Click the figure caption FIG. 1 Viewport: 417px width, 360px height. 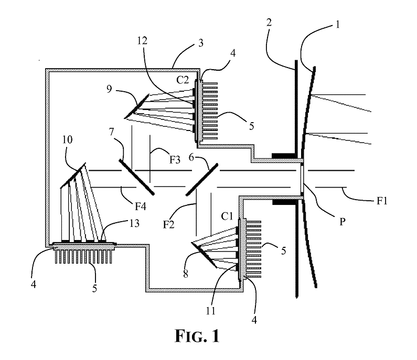point(197,336)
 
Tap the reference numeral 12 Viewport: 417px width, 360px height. point(143,41)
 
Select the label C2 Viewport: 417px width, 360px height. point(182,80)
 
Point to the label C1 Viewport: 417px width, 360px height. point(227,216)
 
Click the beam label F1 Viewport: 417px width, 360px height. point(382,201)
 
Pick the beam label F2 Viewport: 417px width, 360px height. point(168,225)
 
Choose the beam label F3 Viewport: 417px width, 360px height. point(175,160)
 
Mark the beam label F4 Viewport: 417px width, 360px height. point(141,206)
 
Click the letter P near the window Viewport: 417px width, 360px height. point(343,222)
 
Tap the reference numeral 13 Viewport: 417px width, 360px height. point(134,223)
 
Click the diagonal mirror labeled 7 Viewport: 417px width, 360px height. point(136,177)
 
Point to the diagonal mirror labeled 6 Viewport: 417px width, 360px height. point(202,180)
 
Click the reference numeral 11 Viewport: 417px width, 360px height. point(210,311)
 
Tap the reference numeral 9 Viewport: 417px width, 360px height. point(109,89)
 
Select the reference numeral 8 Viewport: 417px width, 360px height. point(186,274)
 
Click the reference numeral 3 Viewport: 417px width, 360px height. point(201,43)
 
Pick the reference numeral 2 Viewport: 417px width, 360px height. point(269,23)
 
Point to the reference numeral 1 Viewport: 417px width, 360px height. point(338,25)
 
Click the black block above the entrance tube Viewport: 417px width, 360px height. point(284,156)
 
